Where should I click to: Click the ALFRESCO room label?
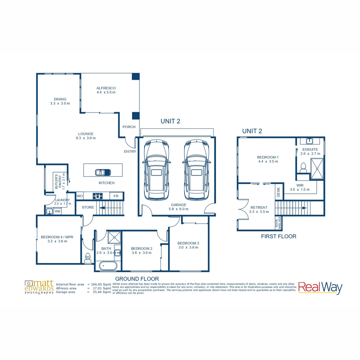106,88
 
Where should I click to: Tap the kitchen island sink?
103,172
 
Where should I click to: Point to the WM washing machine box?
57,211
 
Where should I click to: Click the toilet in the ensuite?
303,166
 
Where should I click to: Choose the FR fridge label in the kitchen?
116,196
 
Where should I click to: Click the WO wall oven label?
80,196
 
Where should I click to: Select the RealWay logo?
320,287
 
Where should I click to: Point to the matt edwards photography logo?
39,287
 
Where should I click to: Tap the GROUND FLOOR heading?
137,278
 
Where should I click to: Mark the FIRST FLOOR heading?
279,236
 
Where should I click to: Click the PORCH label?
129,127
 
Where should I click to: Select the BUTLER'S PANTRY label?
58,181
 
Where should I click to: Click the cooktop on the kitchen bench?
98,196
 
